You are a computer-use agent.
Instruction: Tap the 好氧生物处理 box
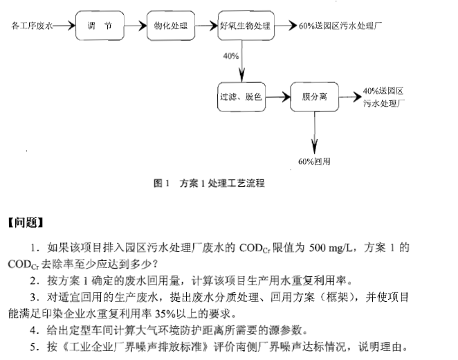244,26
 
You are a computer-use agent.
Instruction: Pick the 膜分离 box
314,97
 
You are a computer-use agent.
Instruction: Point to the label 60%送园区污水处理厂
340,26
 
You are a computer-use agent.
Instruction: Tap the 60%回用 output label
315,161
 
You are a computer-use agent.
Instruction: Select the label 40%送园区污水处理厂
383,97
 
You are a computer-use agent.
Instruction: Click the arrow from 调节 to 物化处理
136,26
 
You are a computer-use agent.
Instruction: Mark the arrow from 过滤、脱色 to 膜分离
277,97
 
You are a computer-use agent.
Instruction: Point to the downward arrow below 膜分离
315,132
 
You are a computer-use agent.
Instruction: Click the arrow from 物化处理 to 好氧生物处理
205,26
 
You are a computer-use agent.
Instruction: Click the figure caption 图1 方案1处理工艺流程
208,183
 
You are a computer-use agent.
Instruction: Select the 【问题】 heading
26,222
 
